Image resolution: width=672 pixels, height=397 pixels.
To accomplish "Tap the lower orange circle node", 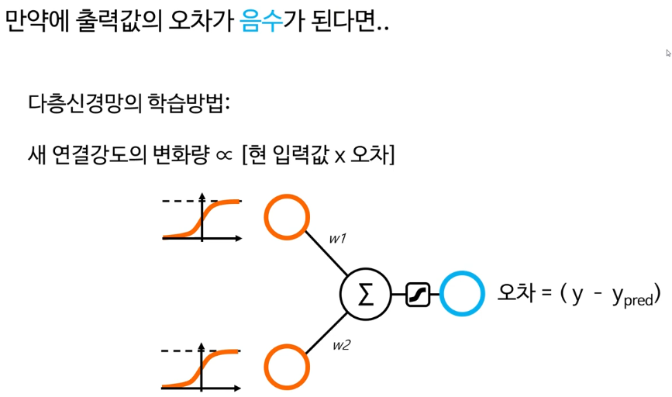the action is tap(287, 367).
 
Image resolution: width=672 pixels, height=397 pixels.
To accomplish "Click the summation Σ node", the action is tap(364, 294).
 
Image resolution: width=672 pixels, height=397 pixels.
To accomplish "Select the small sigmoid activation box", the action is tap(418, 294).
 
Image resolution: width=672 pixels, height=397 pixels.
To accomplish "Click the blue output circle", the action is tap(464, 294).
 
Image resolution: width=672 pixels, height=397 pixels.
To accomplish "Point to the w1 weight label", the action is tap(337, 240).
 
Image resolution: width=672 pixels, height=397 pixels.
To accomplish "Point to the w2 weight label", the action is tap(340, 345).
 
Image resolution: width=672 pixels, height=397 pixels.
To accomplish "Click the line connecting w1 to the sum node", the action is tap(329, 255).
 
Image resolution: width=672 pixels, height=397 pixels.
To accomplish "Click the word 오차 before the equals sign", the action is tap(514, 294).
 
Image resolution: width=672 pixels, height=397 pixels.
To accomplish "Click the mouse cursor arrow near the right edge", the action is tap(667, 53).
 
